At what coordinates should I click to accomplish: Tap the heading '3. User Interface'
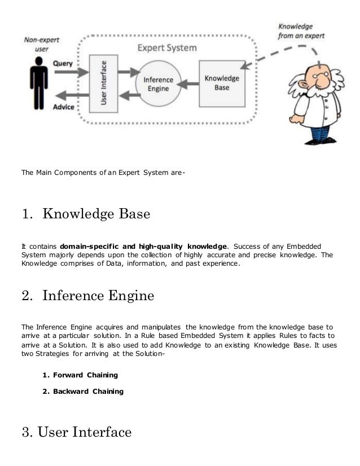click(x=77, y=433)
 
